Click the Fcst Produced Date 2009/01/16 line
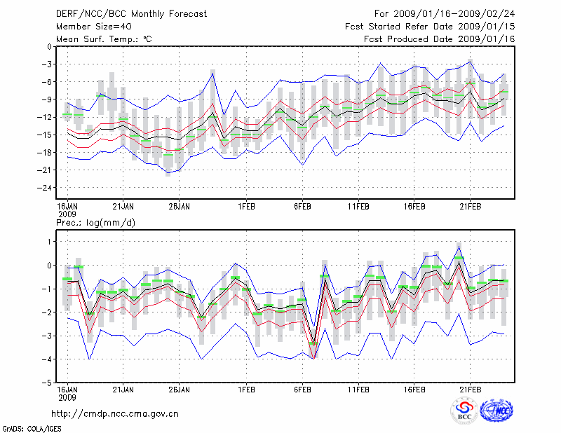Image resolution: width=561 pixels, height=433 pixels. tap(440, 39)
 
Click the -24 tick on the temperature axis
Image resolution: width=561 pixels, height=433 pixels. tap(41, 188)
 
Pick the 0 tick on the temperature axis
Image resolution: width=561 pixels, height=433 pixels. tap(48, 46)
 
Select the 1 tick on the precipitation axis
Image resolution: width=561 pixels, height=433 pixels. tap(48, 241)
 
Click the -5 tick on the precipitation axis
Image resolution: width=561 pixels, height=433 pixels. tap(46, 383)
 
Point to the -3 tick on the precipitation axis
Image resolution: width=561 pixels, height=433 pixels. tap(46, 336)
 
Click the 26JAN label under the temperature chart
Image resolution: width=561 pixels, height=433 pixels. tap(180, 207)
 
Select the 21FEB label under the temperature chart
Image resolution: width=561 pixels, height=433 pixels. tap(471, 207)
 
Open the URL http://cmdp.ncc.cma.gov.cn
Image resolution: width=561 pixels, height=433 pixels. tap(116, 413)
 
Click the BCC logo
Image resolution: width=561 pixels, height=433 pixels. tap(464, 411)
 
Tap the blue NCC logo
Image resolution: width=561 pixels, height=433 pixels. tap(497, 411)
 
